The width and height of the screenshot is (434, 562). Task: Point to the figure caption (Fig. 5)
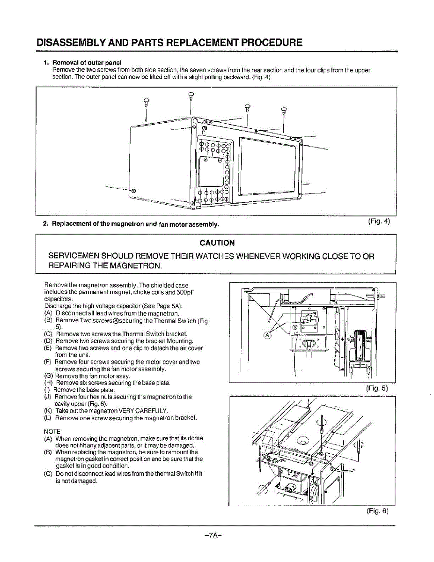[378, 388]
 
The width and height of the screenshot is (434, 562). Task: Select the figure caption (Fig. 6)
[378, 511]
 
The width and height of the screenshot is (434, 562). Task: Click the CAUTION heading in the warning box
[217, 243]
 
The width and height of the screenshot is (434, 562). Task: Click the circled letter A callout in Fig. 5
[267, 334]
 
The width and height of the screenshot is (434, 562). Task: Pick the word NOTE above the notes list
[52, 431]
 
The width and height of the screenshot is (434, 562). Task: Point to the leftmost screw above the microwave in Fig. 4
[146, 101]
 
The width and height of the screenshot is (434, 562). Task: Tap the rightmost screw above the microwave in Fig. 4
[284, 111]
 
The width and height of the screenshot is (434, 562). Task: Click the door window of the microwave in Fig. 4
[268, 166]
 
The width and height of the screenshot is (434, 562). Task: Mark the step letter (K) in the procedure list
[48, 410]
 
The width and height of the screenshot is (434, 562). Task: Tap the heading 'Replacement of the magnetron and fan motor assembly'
[135, 224]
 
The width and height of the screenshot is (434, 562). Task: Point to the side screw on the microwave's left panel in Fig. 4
[133, 191]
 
